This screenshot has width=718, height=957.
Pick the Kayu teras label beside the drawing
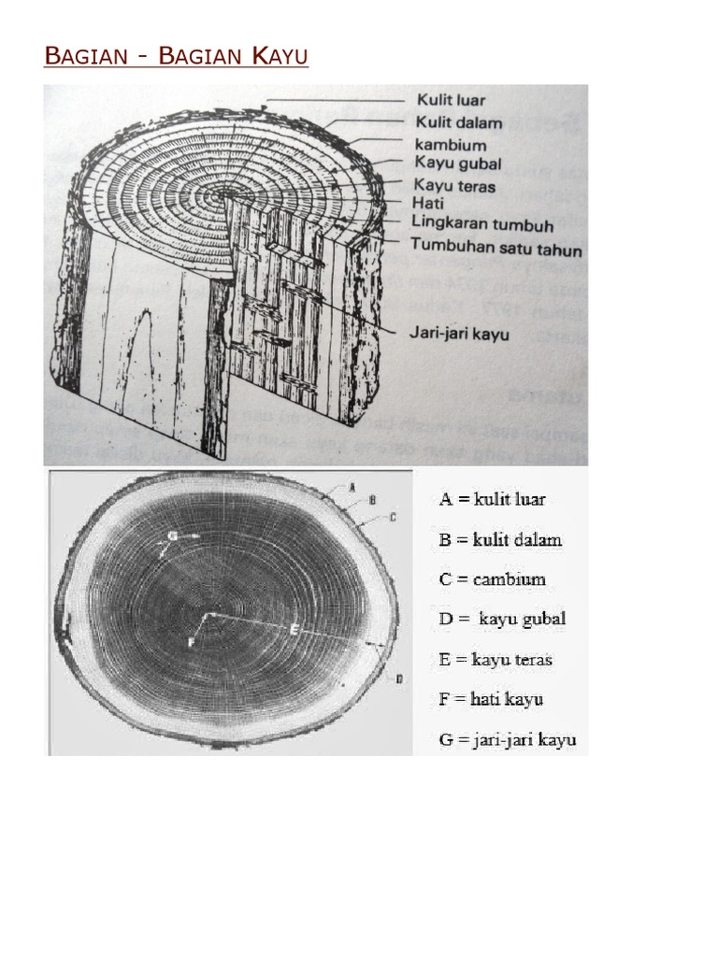[454, 185]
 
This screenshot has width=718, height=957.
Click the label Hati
[429, 202]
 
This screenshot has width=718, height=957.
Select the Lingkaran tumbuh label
[482, 224]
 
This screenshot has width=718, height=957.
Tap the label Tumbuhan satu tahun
[496, 250]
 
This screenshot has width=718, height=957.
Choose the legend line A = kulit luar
[493, 499]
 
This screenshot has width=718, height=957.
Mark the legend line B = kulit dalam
[500, 539]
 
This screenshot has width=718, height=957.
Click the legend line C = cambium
[493, 579]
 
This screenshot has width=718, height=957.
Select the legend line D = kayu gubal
[502, 619]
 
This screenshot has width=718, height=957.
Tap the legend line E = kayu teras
[495, 659]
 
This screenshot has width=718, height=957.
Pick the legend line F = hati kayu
[491, 699]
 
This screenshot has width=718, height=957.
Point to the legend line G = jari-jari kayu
[508, 740]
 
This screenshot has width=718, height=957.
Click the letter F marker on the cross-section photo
[191, 642]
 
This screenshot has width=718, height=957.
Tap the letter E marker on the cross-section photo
[294, 630]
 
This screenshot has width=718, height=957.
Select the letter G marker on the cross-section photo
[172, 536]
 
